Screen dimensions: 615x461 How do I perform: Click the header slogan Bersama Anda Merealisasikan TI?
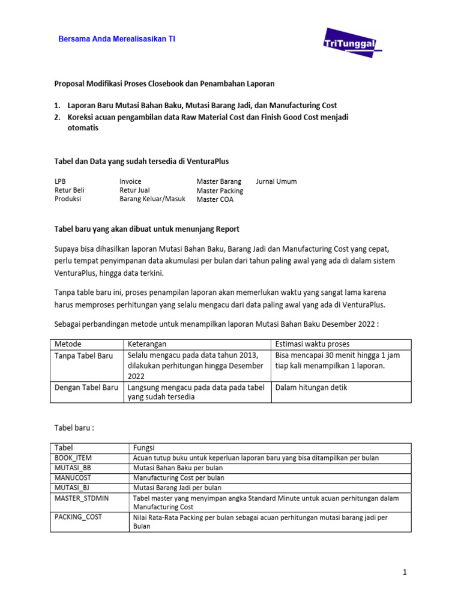(116, 39)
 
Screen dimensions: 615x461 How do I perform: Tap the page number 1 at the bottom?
(405, 572)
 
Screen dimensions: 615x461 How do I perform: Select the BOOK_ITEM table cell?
(73, 458)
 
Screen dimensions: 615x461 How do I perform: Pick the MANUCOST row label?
(71, 477)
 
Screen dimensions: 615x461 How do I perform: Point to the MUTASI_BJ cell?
(71, 488)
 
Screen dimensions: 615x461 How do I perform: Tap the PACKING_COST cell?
(77, 517)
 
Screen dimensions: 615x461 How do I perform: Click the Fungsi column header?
(143, 448)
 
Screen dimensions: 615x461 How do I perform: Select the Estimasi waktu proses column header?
(312, 344)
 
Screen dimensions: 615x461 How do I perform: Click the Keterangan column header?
(147, 344)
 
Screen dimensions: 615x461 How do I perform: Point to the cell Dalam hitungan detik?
(311, 387)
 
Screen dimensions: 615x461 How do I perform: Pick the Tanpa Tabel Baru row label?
(83, 356)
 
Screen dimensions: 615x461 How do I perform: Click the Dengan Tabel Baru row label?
(86, 387)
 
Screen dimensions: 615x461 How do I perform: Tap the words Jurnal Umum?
(276, 181)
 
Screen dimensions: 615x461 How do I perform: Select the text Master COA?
(215, 200)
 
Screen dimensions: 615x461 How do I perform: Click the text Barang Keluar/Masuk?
(152, 199)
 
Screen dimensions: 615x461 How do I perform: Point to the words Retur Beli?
(70, 190)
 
